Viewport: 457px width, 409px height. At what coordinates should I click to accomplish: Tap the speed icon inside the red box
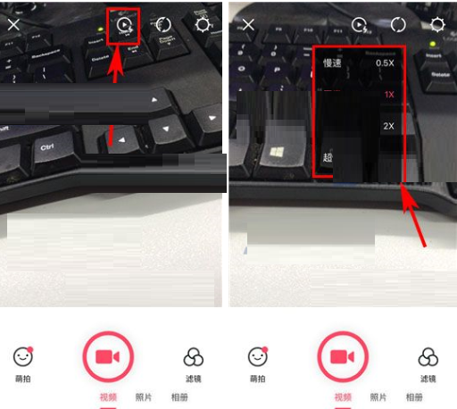click(122, 25)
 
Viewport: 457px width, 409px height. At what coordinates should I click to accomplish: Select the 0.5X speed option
click(385, 63)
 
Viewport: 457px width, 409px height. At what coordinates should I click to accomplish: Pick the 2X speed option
click(387, 126)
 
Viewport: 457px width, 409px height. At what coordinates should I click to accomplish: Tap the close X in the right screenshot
click(246, 25)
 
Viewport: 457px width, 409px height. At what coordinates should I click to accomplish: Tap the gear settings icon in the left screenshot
click(203, 25)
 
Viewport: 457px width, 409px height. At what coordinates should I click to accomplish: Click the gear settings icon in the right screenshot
click(437, 25)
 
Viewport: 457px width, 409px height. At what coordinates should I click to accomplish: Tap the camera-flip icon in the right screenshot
click(398, 25)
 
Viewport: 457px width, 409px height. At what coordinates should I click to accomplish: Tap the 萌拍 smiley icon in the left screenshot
click(22, 357)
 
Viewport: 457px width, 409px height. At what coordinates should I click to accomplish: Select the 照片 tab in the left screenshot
click(143, 396)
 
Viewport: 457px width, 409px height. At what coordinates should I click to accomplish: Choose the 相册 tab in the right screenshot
click(414, 396)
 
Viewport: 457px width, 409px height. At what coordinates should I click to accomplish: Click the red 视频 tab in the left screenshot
click(108, 396)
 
